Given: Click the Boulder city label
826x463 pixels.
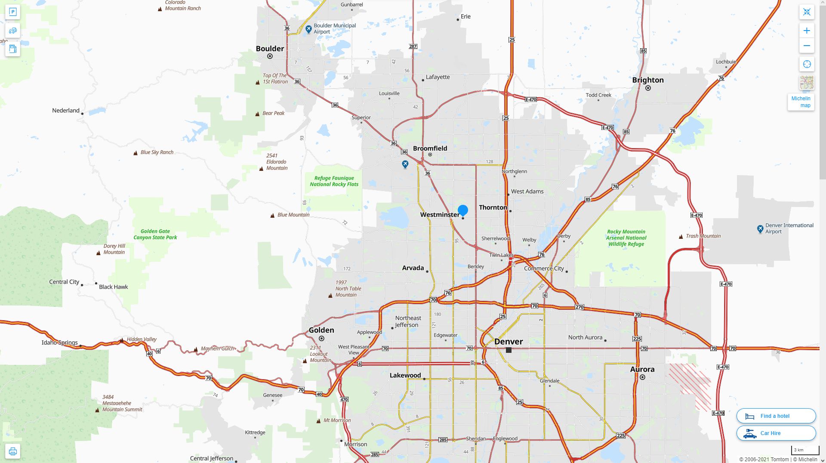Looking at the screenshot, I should (x=270, y=49).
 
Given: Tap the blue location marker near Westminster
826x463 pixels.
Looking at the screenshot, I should (x=463, y=210).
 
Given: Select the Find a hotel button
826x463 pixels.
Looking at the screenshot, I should (x=776, y=416).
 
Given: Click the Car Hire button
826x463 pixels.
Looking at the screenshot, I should (x=776, y=433).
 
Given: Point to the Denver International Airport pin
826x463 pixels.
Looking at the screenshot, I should (x=760, y=229).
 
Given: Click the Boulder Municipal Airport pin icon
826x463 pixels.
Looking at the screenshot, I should (x=308, y=29).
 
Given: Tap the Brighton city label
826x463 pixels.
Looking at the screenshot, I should (x=648, y=80).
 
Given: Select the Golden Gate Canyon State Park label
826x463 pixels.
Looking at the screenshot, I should (x=155, y=235).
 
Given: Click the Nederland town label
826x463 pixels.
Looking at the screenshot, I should (x=66, y=111).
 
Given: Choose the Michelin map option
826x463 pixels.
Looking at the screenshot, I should (x=801, y=102).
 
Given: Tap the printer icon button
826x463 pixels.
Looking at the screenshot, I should (x=13, y=451).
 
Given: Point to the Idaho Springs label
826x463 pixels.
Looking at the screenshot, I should (x=59, y=343).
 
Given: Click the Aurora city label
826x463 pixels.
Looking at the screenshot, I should (x=642, y=369).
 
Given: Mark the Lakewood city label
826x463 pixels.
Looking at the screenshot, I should (x=405, y=375).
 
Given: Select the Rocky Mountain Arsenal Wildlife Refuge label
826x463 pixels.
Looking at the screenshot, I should (x=626, y=238).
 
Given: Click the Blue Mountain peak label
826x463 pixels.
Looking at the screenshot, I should (x=293, y=215).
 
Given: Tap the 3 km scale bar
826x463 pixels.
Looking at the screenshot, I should (x=804, y=451).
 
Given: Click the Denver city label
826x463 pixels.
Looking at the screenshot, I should (x=509, y=342).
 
